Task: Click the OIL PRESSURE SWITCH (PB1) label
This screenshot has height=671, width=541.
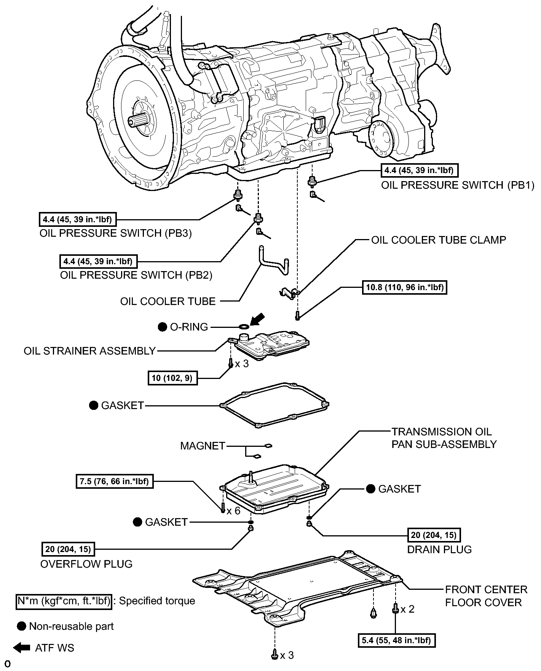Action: tap(458, 185)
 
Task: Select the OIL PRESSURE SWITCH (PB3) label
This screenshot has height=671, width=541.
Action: tap(116, 233)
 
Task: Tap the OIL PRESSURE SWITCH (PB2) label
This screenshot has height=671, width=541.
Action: tap(136, 275)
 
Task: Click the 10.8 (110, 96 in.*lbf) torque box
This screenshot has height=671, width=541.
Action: tap(405, 287)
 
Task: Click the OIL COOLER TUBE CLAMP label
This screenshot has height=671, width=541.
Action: tap(439, 240)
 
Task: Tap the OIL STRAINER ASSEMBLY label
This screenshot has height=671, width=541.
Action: tap(90, 351)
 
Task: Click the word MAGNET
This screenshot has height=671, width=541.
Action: tap(203, 446)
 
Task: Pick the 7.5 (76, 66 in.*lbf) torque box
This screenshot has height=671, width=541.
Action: tap(115, 482)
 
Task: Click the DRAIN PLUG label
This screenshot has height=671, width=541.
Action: tap(439, 549)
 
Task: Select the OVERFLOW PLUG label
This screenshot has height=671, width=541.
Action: tap(86, 564)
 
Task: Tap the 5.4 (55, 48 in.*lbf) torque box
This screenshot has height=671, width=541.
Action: tap(397, 640)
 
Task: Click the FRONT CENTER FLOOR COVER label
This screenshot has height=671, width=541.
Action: tap(486, 596)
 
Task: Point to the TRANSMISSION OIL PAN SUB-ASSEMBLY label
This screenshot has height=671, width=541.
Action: tap(444, 438)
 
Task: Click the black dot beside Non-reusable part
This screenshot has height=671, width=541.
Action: tap(22, 626)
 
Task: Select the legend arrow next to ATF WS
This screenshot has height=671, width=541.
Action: tap(21, 648)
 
